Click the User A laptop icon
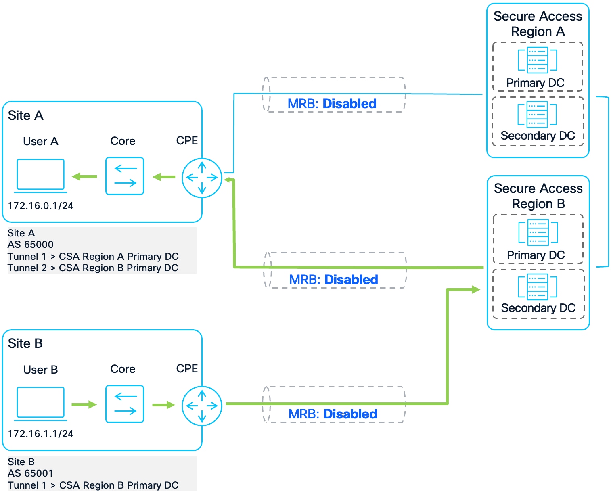pyautogui.click(x=40, y=175)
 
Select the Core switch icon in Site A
pyautogui.click(x=125, y=176)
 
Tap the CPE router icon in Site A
pyautogui.click(x=202, y=178)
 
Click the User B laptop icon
pyautogui.click(x=40, y=403)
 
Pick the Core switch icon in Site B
pyautogui.click(x=125, y=404)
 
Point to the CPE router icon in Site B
pyautogui.click(x=202, y=406)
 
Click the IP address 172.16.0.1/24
pyautogui.click(x=41, y=206)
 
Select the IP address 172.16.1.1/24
pyautogui.click(x=41, y=434)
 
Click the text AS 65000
pyautogui.click(x=31, y=245)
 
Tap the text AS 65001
pyautogui.click(x=31, y=473)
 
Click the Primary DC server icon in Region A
pyautogui.click(x=538, y=60)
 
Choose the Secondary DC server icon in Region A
pyautogui.click(x=538, y=114)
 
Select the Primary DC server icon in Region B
pyautogui.click(x=538, y=232)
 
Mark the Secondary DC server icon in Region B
pyautogui.click(x=538, y=287)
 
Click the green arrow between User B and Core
pyautogui.click(x=84, y=404)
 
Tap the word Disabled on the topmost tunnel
pyautogui.click(x=349, y=104)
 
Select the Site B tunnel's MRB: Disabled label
pyautogui.click(x=333, y=414)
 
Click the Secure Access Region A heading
pyautogui.click(x=538, y=24)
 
